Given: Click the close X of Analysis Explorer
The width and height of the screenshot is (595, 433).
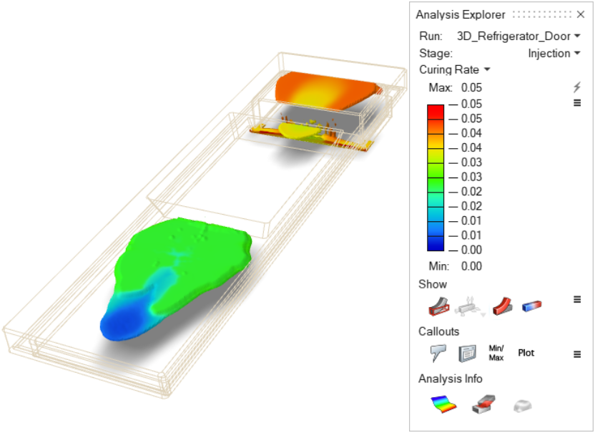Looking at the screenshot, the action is click(580, 14).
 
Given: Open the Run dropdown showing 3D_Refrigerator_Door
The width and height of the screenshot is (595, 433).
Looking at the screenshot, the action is click(518, 36).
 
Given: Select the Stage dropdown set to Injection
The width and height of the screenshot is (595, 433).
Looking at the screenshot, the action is click(554, 54).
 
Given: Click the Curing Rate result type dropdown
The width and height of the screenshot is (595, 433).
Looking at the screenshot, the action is click(455, 69).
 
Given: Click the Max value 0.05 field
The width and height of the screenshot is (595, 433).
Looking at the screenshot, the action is click(471, 88).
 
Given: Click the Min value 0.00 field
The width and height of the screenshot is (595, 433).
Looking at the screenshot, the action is click(471, 266).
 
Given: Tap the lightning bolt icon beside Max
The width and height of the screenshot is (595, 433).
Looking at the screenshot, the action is click(577, 87).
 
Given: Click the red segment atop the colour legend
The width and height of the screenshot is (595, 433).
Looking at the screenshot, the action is click(436, 112).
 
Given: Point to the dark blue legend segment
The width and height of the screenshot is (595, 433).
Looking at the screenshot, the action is click(436, 243).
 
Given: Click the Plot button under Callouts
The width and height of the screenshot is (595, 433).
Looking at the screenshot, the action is click(526, 353).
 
